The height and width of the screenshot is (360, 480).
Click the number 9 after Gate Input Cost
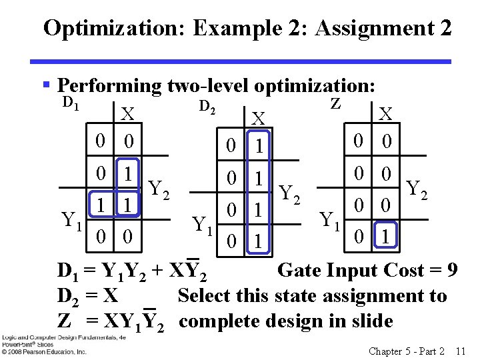point(452,271)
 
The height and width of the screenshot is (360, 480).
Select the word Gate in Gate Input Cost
point(298,271)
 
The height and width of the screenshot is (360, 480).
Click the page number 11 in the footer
point(459,351)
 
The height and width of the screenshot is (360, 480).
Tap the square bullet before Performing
point(47,85)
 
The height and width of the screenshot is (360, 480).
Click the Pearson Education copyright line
point(43,351)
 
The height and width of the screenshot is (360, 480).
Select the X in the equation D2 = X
point(111,296)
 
